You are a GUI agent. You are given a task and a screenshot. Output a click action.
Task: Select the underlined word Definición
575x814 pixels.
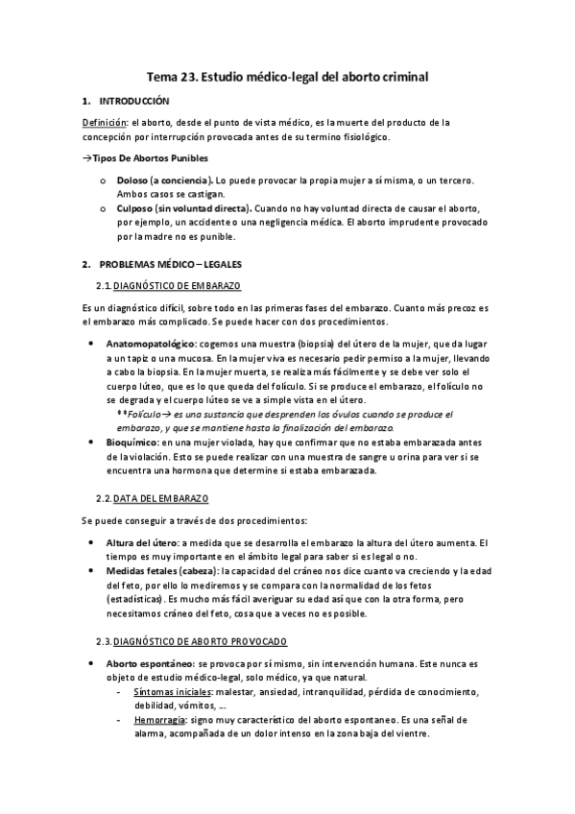pos(105,122)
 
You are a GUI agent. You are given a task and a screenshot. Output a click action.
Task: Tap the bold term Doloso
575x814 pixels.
pos(131,180)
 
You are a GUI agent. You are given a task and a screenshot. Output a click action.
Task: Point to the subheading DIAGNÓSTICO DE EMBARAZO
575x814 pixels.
pos(176,285)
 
